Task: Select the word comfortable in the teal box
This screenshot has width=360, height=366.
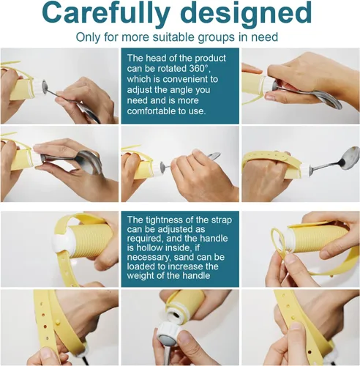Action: pos(151,111)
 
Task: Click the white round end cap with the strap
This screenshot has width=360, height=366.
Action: pos(59,243)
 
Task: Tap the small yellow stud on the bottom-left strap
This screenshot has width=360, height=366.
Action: pos(58,323)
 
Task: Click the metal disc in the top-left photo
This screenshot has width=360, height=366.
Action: pos(45,86)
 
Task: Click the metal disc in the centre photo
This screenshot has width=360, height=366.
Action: pos(162,167)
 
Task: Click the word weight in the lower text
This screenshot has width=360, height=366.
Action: pos(141,276)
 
